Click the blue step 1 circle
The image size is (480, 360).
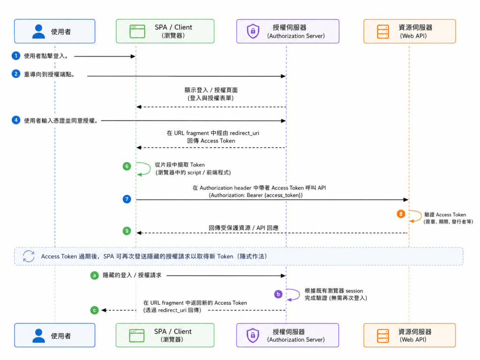[16, 56]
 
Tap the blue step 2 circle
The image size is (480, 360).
[16, 74]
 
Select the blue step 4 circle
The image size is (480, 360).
[16, 120]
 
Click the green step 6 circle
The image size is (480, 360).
[127, 166]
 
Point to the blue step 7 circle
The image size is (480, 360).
[127, 199]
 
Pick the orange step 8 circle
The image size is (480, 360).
[401, 214]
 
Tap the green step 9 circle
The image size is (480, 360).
[127, 231]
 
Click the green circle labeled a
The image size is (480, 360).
[94, 276]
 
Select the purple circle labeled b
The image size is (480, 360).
[278, 294]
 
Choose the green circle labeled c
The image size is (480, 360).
[94, 310]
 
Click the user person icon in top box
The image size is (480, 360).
[38, 31]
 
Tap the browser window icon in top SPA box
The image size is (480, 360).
[137, 31]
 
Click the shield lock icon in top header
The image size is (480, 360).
[253, 31]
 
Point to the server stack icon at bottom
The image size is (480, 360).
[383, 336]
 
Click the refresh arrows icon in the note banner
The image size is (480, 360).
[29, 256]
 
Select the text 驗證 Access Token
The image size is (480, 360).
[445, 215]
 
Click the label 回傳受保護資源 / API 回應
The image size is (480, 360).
[244, 228]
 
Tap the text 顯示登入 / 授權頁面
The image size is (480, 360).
[211, 90]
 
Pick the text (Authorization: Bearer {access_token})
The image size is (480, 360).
[255, 195]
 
